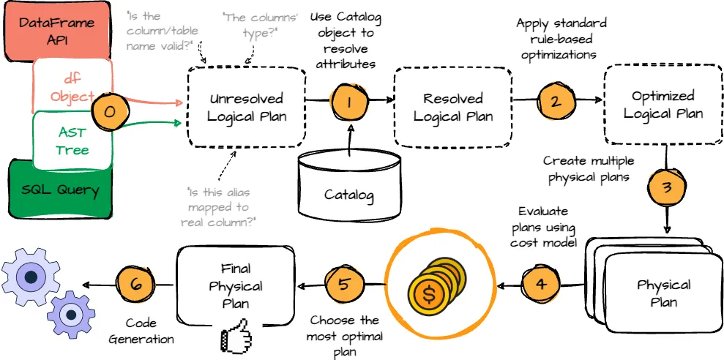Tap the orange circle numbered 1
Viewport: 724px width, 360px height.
click(x=349, y=102)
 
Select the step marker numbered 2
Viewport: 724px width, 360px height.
click(x=556, y=101)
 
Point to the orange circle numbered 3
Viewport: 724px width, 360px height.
click(x=666, y=187)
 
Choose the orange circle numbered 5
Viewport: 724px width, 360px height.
click(x=344, y=283)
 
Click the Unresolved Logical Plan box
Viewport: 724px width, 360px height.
click(x=246, y=107)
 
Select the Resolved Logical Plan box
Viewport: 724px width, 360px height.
click(x=453, y=107)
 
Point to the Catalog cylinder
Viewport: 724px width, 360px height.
click(x=349, y=183)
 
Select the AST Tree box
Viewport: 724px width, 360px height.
click(x=71, y=140)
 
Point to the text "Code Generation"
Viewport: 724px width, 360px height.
click(x=141, y=330)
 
